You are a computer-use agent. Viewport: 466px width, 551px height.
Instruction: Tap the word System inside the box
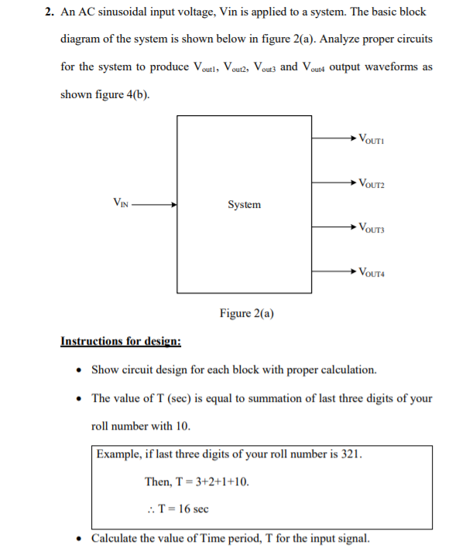point(244,204)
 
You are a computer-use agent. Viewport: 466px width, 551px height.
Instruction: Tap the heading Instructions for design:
point(121,341)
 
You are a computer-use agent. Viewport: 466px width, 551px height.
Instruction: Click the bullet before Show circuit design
point(81,369)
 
